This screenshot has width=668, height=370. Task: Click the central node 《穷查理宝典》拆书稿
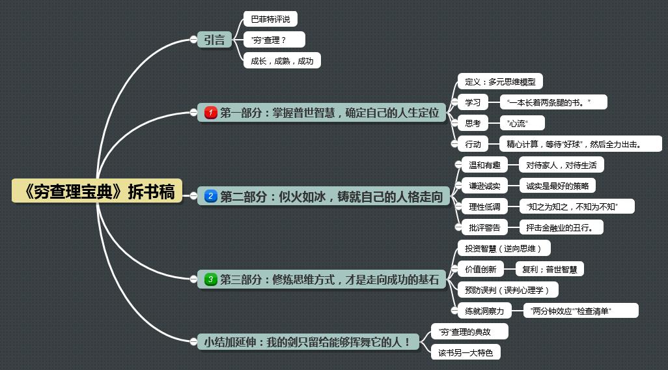point(97,191)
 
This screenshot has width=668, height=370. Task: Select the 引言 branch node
point(214,40)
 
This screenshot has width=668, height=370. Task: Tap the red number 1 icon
point(211,113)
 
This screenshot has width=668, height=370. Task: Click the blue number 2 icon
point(211,196)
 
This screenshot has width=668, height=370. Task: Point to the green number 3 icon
point(211,279)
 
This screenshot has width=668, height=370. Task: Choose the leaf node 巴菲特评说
point(270,19)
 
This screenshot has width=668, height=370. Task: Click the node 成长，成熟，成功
point(282,61)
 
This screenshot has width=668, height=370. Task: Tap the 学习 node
point(473,102)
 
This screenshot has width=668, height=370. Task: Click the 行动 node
point(473,144)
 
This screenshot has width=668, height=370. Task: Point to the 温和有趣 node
point(484,165)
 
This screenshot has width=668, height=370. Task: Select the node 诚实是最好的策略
point(557,186)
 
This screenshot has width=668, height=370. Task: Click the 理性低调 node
point(484,206)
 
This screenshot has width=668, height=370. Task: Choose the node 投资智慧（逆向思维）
point(504,248)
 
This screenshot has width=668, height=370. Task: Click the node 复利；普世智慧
point(550,269)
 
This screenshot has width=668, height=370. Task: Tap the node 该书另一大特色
point(466,352)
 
